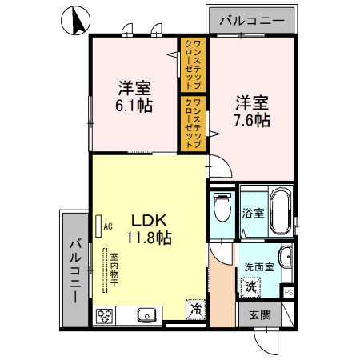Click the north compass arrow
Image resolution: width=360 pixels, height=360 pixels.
[77, 21]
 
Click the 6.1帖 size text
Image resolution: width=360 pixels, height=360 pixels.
[134, 105]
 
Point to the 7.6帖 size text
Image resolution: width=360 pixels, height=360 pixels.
[251, 121]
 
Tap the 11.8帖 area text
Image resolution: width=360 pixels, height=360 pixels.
[148, 237]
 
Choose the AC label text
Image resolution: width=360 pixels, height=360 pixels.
[107, 226]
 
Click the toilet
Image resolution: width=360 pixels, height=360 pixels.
[222, 210]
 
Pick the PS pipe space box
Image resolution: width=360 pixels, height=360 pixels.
[289, 292]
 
